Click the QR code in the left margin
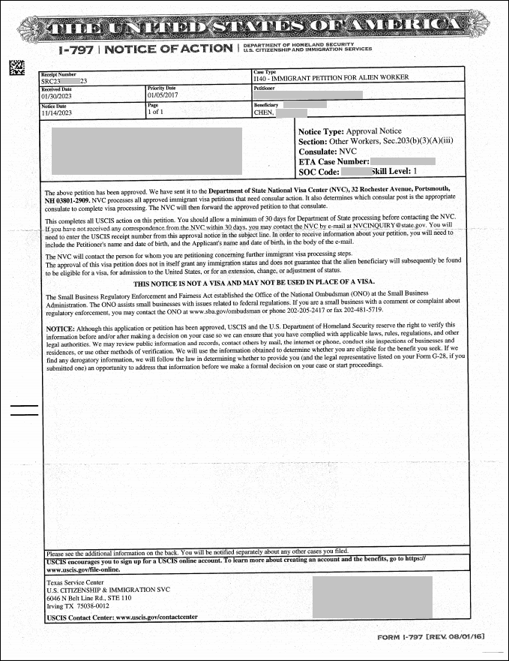(15, 68)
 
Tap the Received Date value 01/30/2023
(57, 95)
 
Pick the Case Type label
(265, 72)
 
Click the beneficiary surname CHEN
(264, 113)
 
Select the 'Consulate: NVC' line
(327, 151)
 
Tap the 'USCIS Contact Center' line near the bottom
(122, 617)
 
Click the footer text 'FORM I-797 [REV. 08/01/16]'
(432, 637)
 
